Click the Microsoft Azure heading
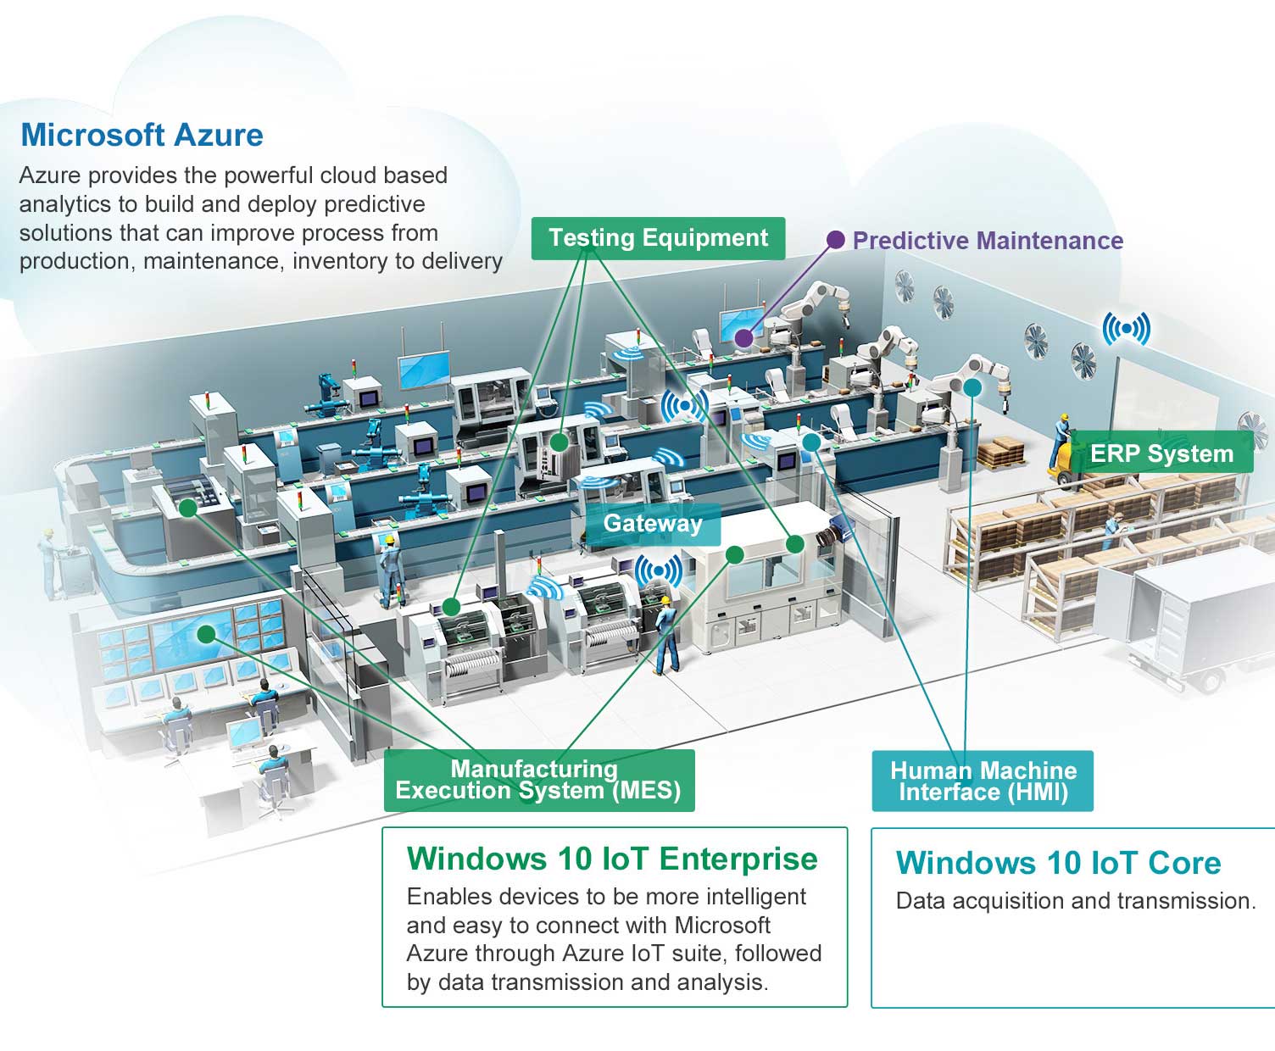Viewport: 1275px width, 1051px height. pyautogui.click(x=142, y=135)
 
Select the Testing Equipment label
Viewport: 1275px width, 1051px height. pyautogui.click(x=658, y=238)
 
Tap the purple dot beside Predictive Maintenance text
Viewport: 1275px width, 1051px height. pyautogui.click(x=835, y=239)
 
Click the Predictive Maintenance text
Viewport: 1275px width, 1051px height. pyautogui.click(x=988, y=241)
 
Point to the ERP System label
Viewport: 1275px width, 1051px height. pyautogui.click(x=1161, y=453)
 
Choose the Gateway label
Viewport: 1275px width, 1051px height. pyautogui.click(x=653, y=524)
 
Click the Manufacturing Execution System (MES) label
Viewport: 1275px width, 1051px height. pyautogui.click(x=539, y=780)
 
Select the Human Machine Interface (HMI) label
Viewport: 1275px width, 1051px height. pyautogui.click(x=983, y=781)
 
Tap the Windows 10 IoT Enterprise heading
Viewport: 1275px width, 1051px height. pyautogui.click(x=612, y=858)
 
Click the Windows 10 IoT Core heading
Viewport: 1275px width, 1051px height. pyautogui.click(x=1058, y=863)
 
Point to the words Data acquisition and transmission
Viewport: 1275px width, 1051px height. pyautogui.click(x=1075, y=901)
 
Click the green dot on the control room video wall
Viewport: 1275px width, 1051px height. pyautogui.click(x=206, y=635)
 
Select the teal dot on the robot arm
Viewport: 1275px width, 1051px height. pyautogui.click(x=972, y=387)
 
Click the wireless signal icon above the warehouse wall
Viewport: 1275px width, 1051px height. pyautogui.click(x=1127, y=329)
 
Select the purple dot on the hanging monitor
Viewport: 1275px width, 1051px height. pyautogui.click(x=743, y=337)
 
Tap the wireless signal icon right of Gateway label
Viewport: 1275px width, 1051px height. pyautogui.click(x=659, y=570)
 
